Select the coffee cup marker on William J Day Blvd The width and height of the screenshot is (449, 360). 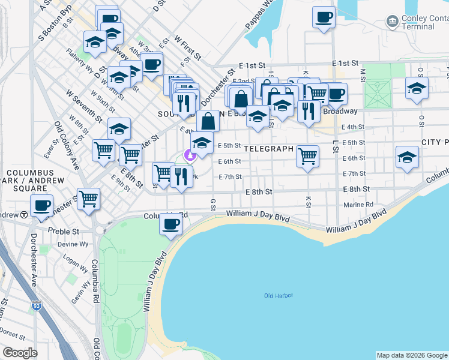tap(170, 224)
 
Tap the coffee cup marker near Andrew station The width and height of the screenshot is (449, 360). tap(41, 205)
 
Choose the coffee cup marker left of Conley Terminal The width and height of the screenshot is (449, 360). tap(324, 17)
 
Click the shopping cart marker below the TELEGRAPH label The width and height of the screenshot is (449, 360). tap(307, 157)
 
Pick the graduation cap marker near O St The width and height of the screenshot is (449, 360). tap(417, 88)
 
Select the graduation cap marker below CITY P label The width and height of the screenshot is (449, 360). tap(408, 157)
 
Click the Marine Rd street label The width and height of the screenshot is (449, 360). tap(359, 205)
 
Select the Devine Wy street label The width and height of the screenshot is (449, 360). tap(70, 245)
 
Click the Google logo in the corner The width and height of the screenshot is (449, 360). tap(20, 353)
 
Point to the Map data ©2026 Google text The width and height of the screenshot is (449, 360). tap(411, 355)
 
